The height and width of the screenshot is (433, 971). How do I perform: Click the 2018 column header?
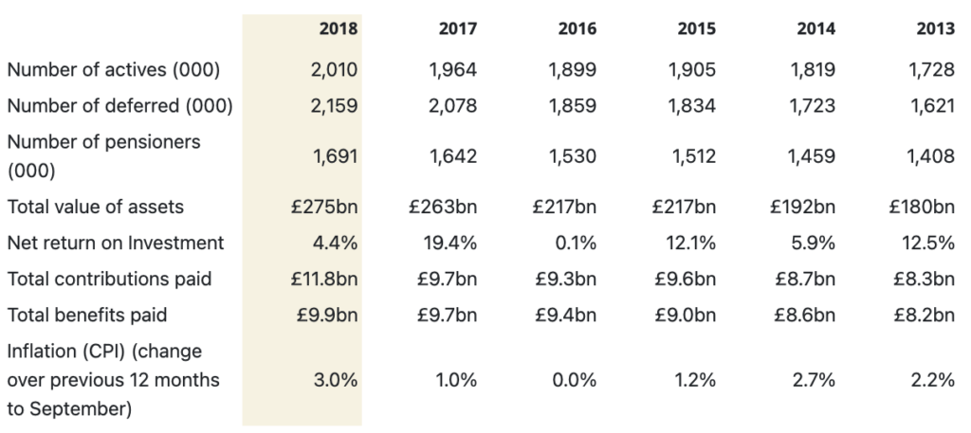[x=339, y=28]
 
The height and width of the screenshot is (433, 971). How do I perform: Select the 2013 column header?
[x=935, y=28]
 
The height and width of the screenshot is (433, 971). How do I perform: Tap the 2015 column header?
[x=696, y=28]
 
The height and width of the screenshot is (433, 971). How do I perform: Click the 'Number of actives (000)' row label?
[x=114, y=69]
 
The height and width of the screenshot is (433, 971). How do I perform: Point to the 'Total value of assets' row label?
[x=95, y=207]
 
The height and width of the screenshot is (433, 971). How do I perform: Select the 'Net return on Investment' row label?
[x=115, y=243]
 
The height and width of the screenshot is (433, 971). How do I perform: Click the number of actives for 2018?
[x=334, y=69]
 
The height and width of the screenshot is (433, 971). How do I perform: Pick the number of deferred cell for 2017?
[x=452, y=105]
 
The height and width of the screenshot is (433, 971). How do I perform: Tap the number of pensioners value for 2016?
[x=573, y=156]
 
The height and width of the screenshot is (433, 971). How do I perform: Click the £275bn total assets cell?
[x=324, y=207]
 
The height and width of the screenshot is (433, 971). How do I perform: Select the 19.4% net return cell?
[x=453, y=243]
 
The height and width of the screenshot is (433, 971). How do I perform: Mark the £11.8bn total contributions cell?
[x=323, y=279]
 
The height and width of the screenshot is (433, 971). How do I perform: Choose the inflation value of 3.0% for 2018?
[x=335, y=380]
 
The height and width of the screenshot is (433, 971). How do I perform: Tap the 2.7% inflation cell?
[x=815, y=380]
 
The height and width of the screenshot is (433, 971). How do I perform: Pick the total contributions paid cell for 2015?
[x=686, y=279]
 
